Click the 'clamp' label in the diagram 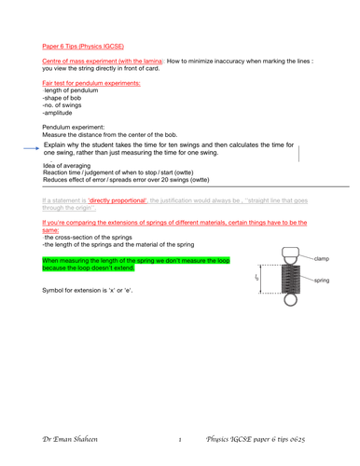coord(323,259)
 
